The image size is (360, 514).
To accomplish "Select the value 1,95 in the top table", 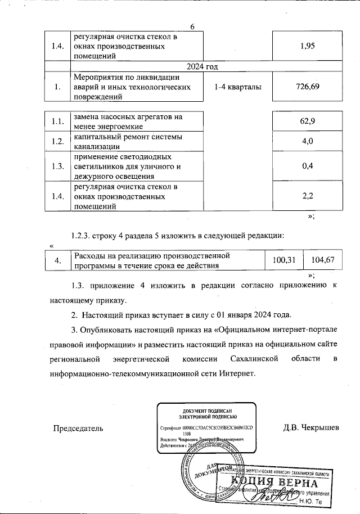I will coord(307,46).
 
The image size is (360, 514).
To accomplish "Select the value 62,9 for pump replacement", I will coord(308,121).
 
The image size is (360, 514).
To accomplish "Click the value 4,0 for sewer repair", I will coord(308,141).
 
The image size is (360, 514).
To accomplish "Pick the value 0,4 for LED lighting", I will coord(308,166).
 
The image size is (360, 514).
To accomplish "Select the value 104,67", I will coord(322,260).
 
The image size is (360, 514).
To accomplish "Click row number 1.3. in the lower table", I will coord(56,166).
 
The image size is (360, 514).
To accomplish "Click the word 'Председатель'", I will coord(78,428).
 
